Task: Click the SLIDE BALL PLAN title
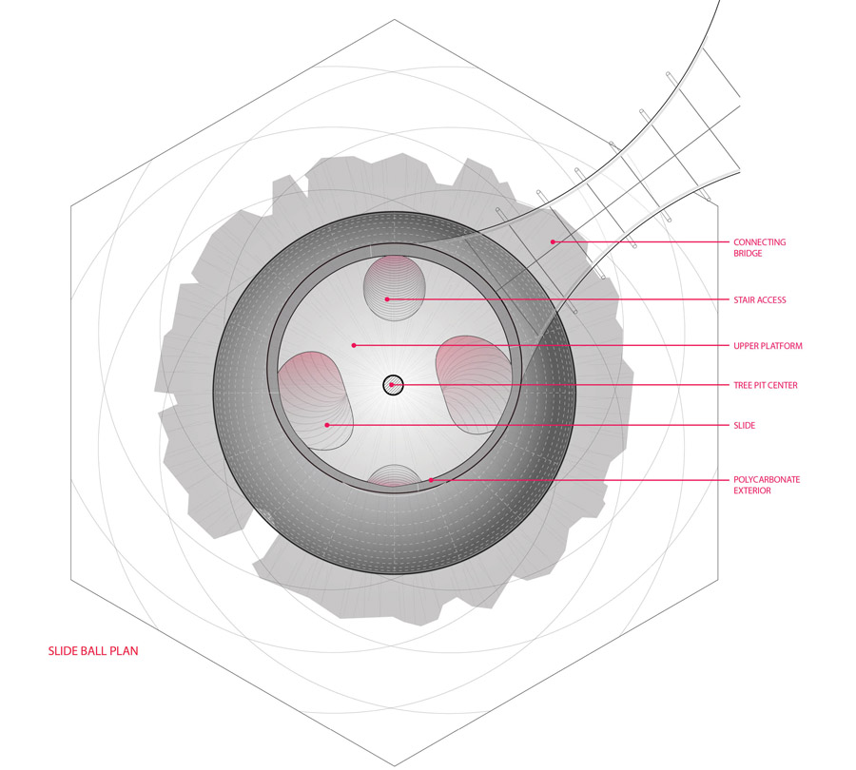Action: coord(93,651)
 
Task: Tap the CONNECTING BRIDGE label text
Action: coord(759,248)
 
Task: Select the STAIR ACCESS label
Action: coord(759,300)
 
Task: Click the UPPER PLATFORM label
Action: coord(768,346)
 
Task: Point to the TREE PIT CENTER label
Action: coord(766,385)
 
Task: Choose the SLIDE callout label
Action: coord(744,426)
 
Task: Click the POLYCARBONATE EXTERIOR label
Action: coord(767,485)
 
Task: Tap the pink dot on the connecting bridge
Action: coord(553,241)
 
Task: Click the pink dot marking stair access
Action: coord(387,299)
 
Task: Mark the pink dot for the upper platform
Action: coord(354,345)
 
